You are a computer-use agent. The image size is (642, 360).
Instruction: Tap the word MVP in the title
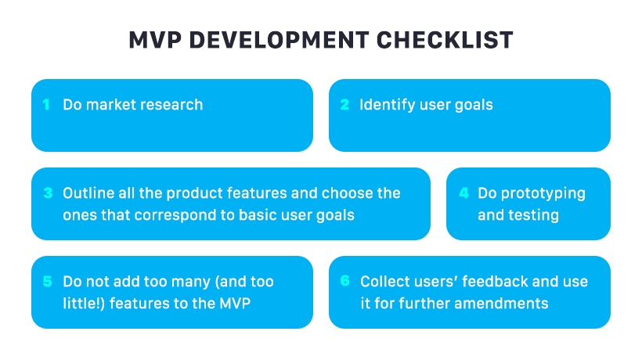point(154,40)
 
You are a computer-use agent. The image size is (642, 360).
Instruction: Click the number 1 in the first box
point(46,105)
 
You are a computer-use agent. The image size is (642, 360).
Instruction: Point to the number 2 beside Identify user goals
point(344,105)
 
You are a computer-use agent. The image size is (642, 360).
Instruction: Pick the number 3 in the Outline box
point(48,193)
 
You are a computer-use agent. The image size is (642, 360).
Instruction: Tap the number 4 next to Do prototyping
point(463,193)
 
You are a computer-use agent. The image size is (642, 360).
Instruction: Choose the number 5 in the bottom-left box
point(47,282)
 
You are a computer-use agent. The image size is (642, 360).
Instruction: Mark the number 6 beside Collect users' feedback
point(344,282)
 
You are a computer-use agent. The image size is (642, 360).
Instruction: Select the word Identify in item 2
point(385,105)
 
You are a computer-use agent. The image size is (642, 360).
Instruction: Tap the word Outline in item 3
point(88,193)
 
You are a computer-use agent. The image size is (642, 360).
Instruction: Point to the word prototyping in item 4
point(543,193)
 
